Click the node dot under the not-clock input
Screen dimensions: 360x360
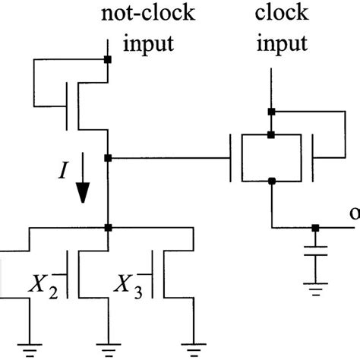[109, 59]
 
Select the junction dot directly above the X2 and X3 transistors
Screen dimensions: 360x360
[109, 227]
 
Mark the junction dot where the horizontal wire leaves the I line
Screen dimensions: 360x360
[109, 158]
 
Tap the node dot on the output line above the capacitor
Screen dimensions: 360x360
[315, 227]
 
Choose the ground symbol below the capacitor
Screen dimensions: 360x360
[315, 289]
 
